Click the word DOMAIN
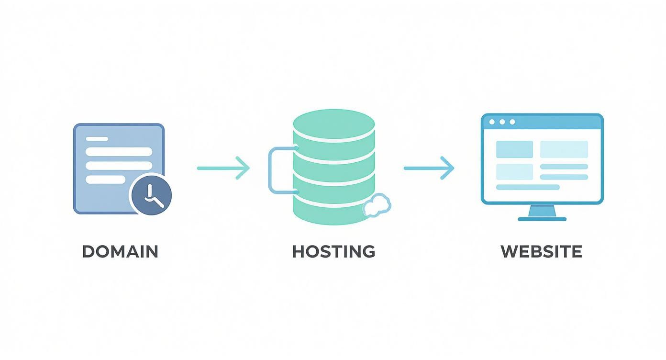coord(120,251)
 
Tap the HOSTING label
coord(333,251)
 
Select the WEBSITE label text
coord(541,251)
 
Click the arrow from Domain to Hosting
coord(223,168)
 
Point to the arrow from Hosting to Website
coord(429,168)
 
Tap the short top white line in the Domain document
coord(97,139)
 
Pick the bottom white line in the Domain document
coord(105,180)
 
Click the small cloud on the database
coord(377,205)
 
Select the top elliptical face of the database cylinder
coord(333,124)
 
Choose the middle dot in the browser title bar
coord(502,122)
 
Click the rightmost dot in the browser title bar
coord(512,122)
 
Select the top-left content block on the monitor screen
coord(514,149)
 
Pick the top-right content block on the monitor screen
coord(564,149)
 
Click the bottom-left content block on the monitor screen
coord(514,171)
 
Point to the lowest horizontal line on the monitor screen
coord(528,187)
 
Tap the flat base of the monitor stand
coord(542,219)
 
